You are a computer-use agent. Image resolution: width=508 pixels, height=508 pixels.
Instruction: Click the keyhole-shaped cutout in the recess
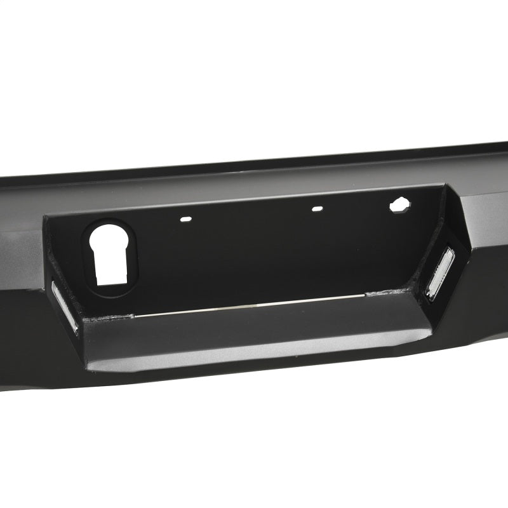click(x=111, y=254)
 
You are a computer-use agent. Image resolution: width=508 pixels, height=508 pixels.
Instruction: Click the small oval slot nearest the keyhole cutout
click(x=185, y=218)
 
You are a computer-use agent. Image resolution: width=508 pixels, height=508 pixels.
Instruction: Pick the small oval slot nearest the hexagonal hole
click(x=316, y=208)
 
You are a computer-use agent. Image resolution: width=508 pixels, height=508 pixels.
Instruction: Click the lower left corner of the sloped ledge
click(x=89, y=368)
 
